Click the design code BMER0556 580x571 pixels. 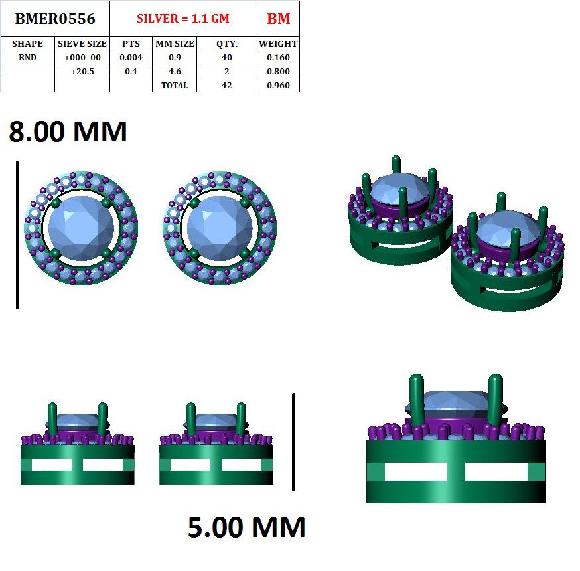point(55,19)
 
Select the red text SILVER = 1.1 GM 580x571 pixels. point(183,19)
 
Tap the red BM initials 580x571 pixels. point(279,19)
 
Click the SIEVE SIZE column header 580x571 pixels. point(82,44)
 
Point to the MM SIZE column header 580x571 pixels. point(175,44)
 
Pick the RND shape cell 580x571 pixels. point(27,57)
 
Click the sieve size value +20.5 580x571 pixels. point(82,71)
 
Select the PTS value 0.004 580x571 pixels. point(131,57)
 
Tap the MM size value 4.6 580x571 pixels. point(175,71)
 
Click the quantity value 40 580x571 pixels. point(227,57)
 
